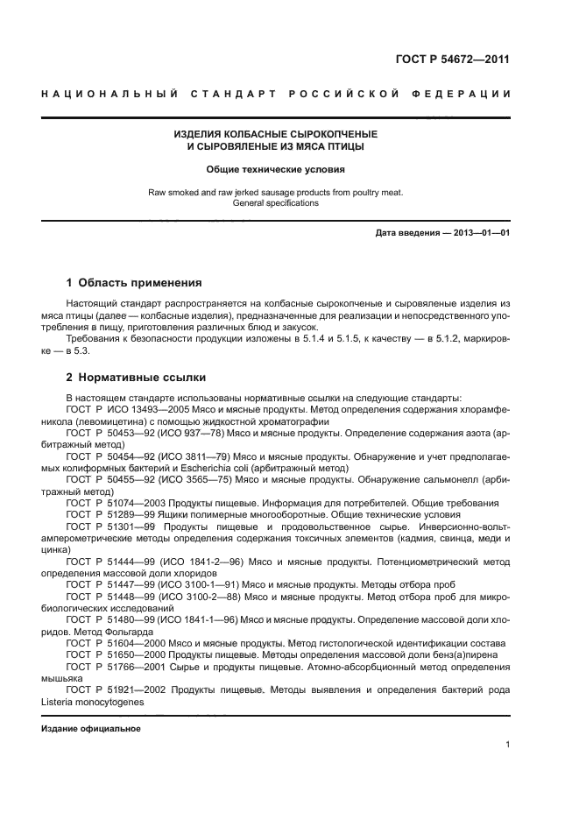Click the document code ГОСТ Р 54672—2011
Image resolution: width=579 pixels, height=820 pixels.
click(x=453, y=60)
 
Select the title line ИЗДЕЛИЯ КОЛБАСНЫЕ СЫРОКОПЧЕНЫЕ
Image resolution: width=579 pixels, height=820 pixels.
click(x=275, y=134)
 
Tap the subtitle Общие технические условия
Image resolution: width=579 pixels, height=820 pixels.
click(x=275, y=169)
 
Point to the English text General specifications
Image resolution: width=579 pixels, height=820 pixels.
click(x=275, y=202)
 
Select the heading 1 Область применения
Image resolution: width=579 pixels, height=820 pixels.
click(x=134, y=283)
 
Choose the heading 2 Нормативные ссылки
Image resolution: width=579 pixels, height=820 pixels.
click(x=136, y=378)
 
